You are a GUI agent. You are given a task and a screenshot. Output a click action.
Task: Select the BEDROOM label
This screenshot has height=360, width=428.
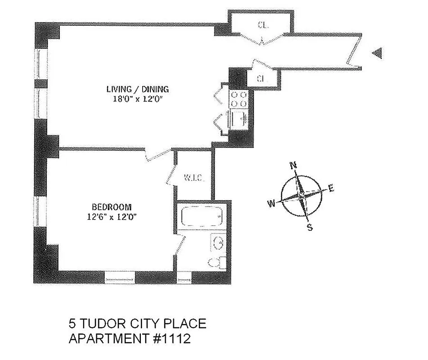point(112,207)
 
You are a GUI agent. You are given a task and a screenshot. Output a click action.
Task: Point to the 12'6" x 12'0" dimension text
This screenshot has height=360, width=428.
point(112,216)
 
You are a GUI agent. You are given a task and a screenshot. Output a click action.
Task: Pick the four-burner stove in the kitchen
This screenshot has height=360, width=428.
point(239,99)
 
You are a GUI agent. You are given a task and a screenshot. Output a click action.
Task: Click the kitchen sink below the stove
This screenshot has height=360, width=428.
point(239,119)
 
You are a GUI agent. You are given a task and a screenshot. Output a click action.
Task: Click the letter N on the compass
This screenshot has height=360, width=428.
point(294,165)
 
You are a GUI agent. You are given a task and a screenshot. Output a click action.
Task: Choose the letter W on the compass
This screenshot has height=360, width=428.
point(271,204)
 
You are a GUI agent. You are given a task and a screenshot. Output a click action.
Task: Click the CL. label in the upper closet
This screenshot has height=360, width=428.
point(263,26)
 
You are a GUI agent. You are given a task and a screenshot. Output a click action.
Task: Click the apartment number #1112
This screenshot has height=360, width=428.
point(171,338)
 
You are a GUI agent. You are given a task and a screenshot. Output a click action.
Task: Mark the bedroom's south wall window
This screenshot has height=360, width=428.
point(119,277)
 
